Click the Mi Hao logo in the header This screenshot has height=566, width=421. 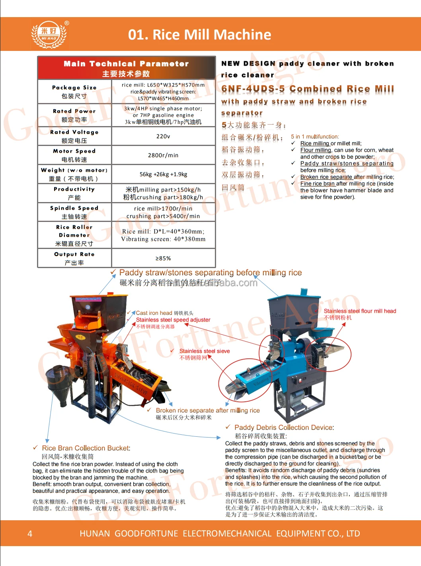[x=49, y=34]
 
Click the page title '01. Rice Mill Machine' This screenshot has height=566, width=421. [x=199, y=35]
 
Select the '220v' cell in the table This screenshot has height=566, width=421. [x=163, y=136]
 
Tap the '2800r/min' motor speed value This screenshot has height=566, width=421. [x=163, y=155]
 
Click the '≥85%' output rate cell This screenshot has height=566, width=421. [x=163, y=258]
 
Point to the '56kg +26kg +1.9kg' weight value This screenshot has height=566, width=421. [x=163, y=174]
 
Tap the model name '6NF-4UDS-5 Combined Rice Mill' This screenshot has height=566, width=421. [x=308, y=89]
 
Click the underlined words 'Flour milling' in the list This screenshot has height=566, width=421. [x=316, y=150]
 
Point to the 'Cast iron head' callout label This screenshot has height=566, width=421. [x=154, y=313]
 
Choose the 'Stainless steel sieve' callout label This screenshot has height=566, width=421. [x=204, y=351]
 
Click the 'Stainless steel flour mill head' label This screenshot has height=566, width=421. [x=360, y=311]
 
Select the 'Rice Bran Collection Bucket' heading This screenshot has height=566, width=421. [x=86, y=448]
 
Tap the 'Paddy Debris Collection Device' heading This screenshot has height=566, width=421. [x=284, y=427]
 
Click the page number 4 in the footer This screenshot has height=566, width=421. [x=30, y=533]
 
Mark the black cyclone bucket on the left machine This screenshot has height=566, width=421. [x=60, y=380]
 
